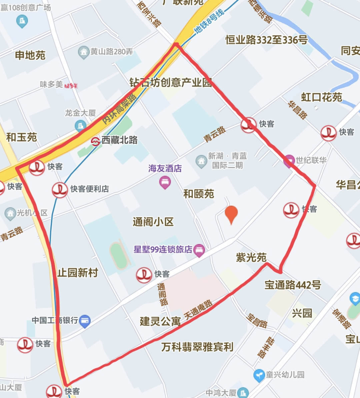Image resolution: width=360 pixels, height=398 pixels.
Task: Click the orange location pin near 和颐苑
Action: [231, 214]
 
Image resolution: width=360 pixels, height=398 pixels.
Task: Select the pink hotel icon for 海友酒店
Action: [165, 182]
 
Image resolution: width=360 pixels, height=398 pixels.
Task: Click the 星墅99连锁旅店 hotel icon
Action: [199, 250]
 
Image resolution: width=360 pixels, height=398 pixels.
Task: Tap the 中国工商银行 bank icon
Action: [85, 321]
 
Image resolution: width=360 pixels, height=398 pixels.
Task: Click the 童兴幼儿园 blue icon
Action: [259, 375]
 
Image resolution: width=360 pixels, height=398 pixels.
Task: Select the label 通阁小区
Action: [153, 222]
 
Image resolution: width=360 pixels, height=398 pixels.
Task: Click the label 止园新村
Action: [78, 273]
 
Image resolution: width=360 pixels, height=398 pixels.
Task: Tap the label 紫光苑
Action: [251, 257]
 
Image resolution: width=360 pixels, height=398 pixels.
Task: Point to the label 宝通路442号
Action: [293, 285]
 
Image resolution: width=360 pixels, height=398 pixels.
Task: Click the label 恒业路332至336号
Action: [266, 40]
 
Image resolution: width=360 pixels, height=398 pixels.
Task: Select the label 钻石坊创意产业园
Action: [171, 82]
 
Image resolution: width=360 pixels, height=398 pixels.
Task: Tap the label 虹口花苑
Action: [321, 97]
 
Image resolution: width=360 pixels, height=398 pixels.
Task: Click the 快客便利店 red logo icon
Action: [60, 190]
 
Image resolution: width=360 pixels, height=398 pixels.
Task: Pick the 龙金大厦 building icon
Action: [80, 126]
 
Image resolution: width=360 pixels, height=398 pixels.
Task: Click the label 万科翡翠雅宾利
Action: [197, 347]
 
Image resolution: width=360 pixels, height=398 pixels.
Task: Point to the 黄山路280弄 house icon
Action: [83, 52]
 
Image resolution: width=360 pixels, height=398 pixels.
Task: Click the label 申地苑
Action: [30, 55]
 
